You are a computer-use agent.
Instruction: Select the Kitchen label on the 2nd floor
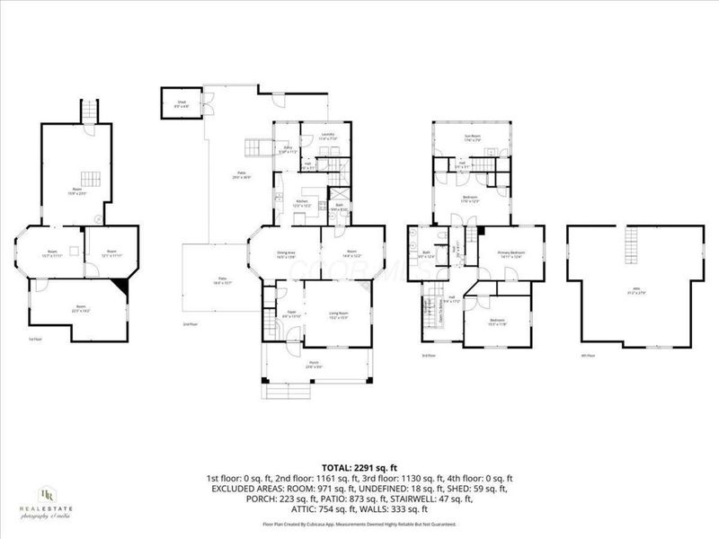[303, 203]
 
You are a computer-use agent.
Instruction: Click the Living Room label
[338, 314]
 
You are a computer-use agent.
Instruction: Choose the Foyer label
[292, 314]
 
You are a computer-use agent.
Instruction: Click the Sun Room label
[472, 138]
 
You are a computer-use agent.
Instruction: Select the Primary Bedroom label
[510, 254]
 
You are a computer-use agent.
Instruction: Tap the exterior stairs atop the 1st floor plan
[87, 112]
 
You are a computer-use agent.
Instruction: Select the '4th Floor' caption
[589, 356]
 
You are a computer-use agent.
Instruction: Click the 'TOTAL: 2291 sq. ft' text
[359, 467]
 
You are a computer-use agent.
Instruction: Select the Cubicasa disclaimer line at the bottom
[359, 524]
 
